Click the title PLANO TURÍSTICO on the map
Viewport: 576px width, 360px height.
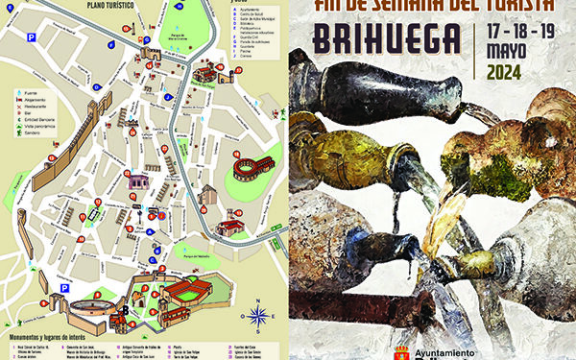pos(108,6)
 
